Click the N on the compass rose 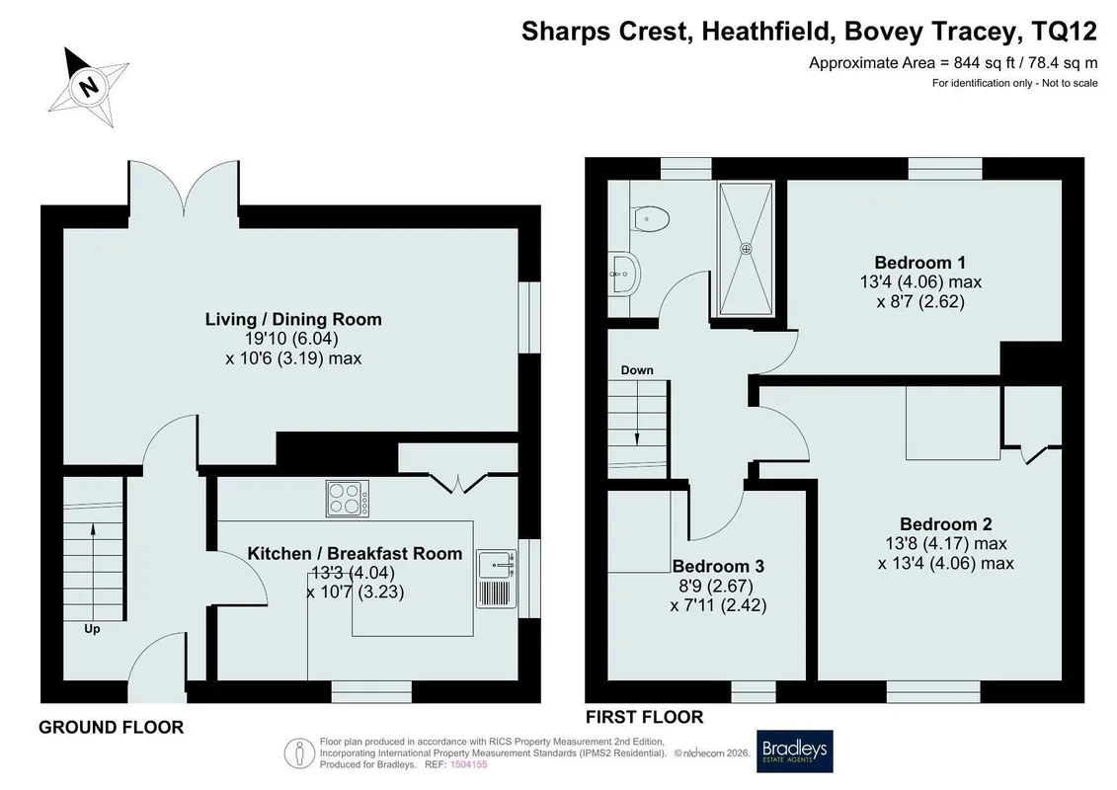[x=88, y=87]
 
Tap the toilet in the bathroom [x=651, y=218]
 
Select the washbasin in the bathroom [x=625, y=273]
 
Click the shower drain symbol [x=746, y=249]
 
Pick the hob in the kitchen [x=348, y=499]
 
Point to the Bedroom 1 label [x=920, y=262]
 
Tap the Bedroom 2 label [x=945, y=524]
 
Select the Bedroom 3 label [x=718, y=566]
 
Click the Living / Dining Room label [x=293, y=319]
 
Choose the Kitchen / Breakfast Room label [x=355, y=554]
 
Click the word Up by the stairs [x=92, y=629]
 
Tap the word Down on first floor [x=637, y=370]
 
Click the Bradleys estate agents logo [x=794, y=750]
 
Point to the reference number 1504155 [x=469, y=765]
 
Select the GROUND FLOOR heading [x=112, y=728]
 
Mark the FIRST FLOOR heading [x=644, y=717]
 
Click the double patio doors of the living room [x=184, y=187]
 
